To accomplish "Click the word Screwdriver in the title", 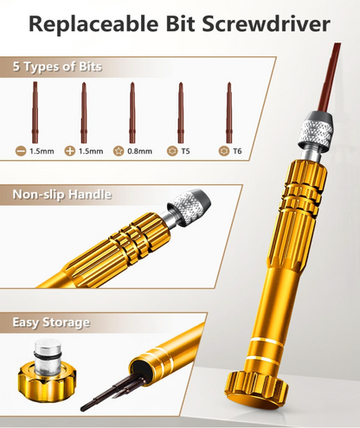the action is click(x=266, y=23).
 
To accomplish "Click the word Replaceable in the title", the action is click(x=93, y=24).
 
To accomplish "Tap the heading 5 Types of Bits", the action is click(x=57, y=67).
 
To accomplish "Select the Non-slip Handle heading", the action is click(x=62, y=195).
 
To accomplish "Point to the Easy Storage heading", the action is click(x=51, y=323).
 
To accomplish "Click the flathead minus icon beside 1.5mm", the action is click(x=21, y=151).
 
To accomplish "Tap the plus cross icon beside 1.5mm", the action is click(x=70, y=151).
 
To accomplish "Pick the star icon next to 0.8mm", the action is click(x=119, y=151).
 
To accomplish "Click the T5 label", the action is click(x=185, y=151).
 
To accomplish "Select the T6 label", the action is click(x=237, y=151).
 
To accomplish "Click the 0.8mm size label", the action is click(x=140, y=151).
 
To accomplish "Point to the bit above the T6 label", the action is click(x=229, y=112).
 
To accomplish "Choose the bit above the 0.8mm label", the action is click(x=132, y=112).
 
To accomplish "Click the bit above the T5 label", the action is click(x=181, y=112).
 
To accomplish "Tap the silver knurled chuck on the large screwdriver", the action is click(x=315, y=131).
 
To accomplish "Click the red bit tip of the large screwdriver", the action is click(x=330, y=77).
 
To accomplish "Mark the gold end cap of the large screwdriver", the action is click(x=256, y=390).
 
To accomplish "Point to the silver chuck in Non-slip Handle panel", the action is click(x=188, y=206).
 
